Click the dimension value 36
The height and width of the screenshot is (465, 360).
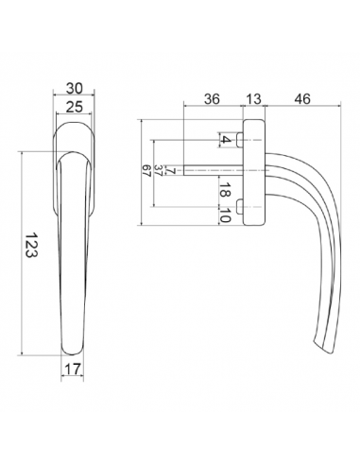click(213, 98)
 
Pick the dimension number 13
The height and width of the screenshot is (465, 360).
click(253, 98)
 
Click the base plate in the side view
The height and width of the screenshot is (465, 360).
click(253, 174)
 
